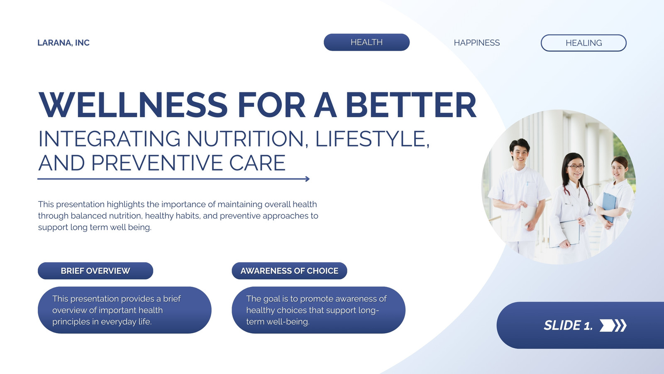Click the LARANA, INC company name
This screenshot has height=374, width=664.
tap(63, 43)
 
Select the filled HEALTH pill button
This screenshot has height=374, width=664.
tap(367, 42)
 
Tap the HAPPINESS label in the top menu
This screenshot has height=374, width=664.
tap(477, 43)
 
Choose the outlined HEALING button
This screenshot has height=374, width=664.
tap(583, 43)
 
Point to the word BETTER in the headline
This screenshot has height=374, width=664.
tap(411, 105)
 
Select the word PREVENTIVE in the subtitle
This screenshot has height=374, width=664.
tap(157, 162)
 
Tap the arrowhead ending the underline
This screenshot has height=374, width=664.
tap(308, 179)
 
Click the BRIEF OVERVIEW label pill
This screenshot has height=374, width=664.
tap(95, 271)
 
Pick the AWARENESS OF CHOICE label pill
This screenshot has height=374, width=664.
tap(289, 271)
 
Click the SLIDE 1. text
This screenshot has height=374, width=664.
tap(568, 325)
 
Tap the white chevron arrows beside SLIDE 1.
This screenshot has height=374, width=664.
tap(613, 325)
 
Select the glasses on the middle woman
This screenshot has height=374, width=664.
tap(575, 167)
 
